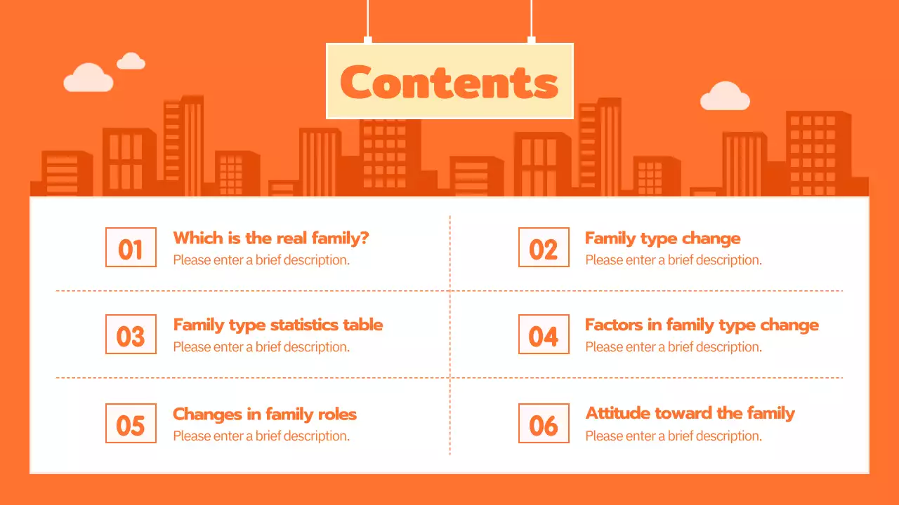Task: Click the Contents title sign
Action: [449, 81]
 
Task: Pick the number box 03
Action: [131, 335]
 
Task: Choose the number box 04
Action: [544, 335]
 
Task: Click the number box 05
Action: [131, 423]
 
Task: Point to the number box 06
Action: [544, 423]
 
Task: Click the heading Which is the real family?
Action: [271, 238]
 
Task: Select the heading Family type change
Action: [662, 238]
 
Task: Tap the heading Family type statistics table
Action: [278, 325]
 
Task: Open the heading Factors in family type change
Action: [702, 325]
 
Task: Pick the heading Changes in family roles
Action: [265, 414]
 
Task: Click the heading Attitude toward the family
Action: [690, 413]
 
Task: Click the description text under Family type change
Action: [673, 260]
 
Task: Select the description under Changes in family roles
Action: [261, 436]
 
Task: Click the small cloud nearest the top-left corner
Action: [131, 62]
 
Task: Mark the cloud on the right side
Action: [725, 97]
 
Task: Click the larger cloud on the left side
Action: [88, 78]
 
